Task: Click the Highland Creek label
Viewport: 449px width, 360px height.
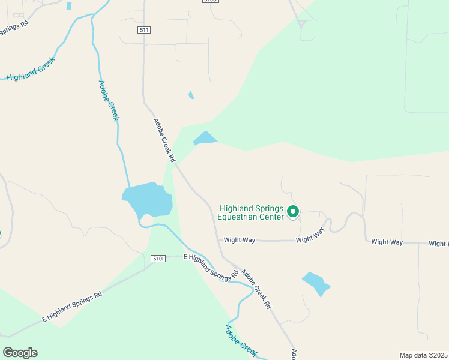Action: coord(31,69)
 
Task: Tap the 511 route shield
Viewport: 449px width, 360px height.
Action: coord(143,31)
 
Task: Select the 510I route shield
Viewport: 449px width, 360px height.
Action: coord(158,259)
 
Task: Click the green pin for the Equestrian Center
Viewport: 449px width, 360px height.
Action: coord(293,211)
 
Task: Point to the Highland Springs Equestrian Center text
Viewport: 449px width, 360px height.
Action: coord(251,212)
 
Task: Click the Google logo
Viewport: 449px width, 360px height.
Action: coord(20,352)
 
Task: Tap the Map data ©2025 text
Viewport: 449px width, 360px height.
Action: coord(423,355)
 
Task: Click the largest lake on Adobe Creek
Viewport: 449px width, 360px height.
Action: coord(148,199)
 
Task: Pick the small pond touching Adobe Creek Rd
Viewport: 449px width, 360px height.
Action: coord(204,139)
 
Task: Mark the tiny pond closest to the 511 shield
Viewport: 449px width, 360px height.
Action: coord(191,95)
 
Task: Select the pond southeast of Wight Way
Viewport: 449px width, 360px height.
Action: coord(316,283)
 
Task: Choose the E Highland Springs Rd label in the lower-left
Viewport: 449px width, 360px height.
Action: coord(72,308)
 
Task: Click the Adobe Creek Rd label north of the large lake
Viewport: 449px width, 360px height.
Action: coord(164,140)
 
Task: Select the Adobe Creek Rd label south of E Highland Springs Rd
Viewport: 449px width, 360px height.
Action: coord(256,289)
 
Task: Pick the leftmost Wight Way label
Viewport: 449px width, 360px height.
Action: coord(240,240)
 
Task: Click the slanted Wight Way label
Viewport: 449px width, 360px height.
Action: coord(311,235)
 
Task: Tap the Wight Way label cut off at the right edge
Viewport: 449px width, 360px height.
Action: coord(439,244)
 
